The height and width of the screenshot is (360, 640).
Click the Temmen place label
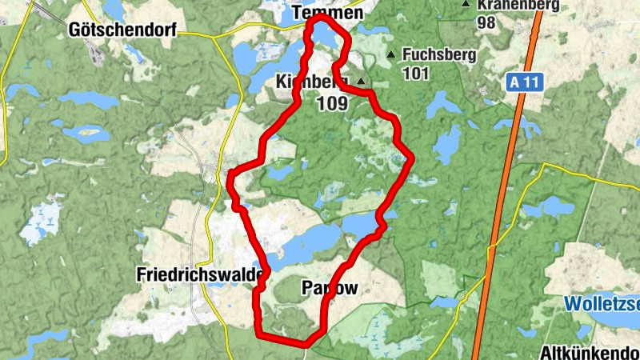328,13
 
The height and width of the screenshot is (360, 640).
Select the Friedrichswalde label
200,274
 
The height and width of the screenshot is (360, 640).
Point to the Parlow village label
329,287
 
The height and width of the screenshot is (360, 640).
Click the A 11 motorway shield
524,82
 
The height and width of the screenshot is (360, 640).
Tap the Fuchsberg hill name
440,55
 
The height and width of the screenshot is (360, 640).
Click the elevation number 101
417,74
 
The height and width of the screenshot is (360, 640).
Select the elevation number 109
331,103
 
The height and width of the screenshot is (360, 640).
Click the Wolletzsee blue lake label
602,304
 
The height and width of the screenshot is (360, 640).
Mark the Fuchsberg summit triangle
391,55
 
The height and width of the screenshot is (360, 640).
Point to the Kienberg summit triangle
362,82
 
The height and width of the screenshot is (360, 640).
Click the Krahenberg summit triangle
466,5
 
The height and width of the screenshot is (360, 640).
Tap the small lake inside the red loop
282,172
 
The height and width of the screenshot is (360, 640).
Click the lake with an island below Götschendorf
86,132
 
